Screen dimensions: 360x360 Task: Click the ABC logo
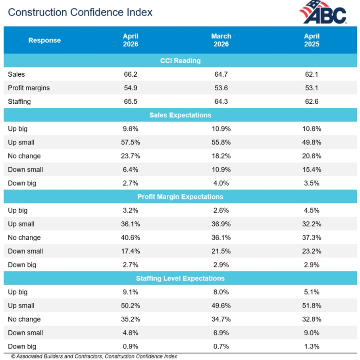323,12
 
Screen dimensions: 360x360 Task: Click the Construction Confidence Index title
80,12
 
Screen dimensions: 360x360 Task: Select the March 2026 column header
221,40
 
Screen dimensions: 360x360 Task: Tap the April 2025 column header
312,40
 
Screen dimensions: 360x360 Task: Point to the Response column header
44,40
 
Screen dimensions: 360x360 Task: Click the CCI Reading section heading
180,61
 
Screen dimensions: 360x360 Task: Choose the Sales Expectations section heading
180,115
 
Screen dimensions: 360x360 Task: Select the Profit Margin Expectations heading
180,197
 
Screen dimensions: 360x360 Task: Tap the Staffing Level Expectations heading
180,279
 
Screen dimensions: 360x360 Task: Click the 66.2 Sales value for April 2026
131,74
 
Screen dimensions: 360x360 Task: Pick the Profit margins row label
29,88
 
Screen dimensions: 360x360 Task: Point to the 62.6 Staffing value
312,101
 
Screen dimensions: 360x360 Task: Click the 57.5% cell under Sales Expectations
131,142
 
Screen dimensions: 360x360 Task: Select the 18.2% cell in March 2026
221,156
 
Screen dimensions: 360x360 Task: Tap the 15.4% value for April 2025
312,169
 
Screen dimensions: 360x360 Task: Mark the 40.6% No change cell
131,238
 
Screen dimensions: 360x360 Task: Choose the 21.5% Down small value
221,251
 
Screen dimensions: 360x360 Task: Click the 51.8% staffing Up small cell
312,306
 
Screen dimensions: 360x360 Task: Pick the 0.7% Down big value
221,346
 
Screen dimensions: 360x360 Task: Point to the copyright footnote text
94,356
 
